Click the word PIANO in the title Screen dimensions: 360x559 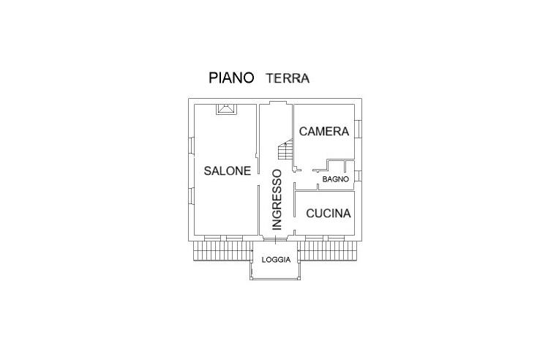[x=231, y=78]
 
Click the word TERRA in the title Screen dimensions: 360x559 [x=288, y=78]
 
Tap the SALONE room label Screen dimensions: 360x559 [x=227, y=170]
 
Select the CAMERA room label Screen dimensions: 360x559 [x=323, y=132]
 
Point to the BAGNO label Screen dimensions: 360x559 [x=336, y=179]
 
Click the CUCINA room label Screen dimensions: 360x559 [x=329, y=214]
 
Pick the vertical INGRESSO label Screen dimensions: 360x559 [x=277, y=200]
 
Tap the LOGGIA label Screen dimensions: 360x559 [x=277, y=260]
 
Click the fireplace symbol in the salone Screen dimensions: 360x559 [x=225, y=109]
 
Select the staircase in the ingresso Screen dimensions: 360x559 [x=285, y=152]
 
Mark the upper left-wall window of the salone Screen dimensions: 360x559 [x=190, y=146]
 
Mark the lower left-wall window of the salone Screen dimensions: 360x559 [x=190, y=198]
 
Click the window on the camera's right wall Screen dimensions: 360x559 [x=358, y=131]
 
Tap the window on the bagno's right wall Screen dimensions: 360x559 [x=358, y=176]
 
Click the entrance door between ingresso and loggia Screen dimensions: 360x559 [x=277, y=239]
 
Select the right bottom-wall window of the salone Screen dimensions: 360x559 [x=234, y=239]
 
